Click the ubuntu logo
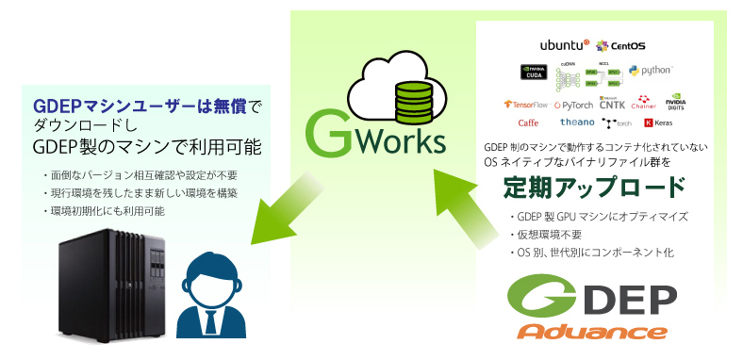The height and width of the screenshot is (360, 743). pos(564,44)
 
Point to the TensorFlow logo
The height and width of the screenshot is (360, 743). pos(527,105)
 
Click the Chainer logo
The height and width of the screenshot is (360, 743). pos(645,103)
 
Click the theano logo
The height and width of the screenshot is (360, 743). pos(577,123)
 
